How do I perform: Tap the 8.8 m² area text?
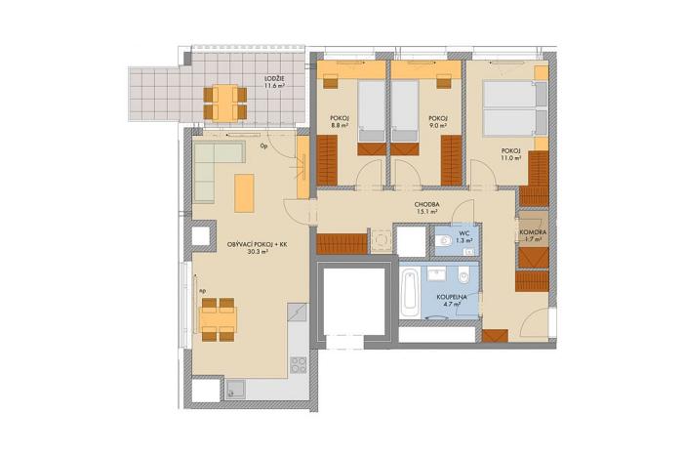tap(341, 125)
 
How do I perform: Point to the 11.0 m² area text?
tap(511, 156)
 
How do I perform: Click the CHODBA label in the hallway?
tap(425, 203)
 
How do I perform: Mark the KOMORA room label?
tap(533, 231)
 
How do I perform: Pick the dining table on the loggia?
tap(223, 98)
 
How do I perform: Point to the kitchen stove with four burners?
tap(300, 366)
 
